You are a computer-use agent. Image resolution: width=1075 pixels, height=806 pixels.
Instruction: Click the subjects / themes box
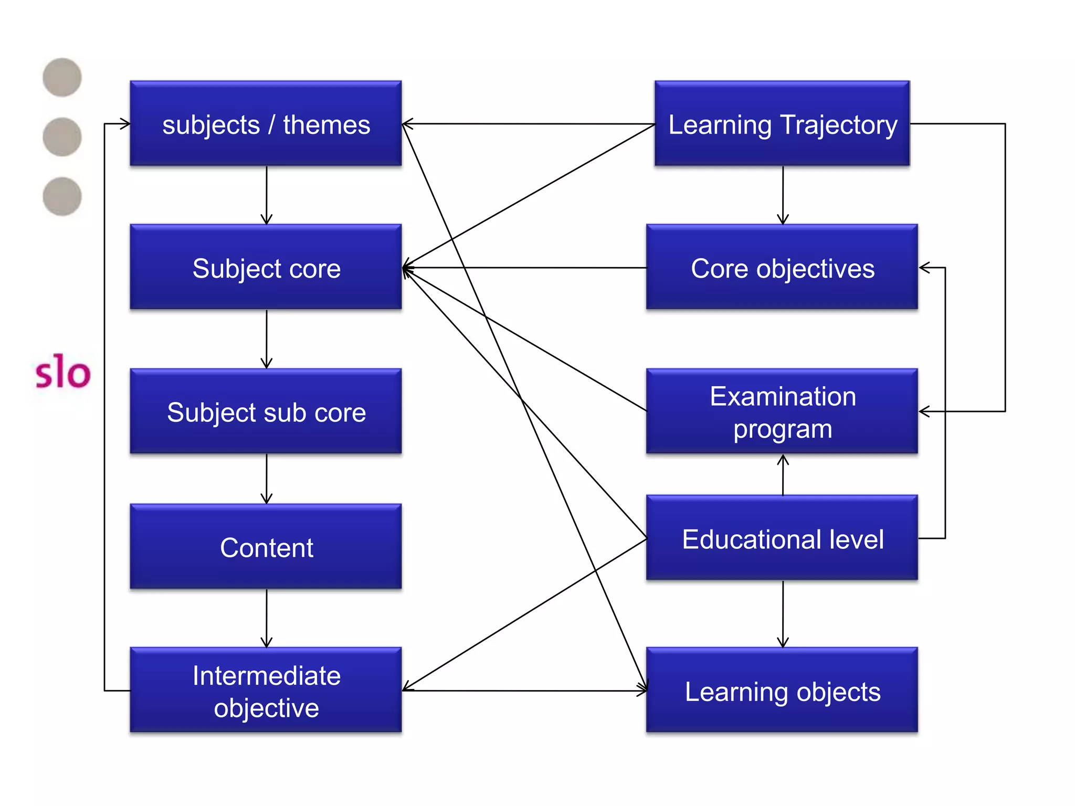[x=266, y=124]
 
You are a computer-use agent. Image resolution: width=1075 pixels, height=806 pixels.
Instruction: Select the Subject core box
[x=266, y=268]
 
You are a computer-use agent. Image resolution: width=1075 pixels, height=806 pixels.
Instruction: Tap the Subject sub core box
[x=266, y=411]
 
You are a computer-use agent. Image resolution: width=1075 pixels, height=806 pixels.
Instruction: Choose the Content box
[x=266, y=547]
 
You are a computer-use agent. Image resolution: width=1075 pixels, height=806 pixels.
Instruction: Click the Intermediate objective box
[x=266, y=691]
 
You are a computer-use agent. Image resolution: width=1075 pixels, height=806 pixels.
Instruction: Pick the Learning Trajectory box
[x=782, y=124]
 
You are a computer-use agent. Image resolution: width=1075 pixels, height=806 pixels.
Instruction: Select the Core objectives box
[x=782, y=268]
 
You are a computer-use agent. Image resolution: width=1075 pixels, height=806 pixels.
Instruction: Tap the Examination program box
[x=782, y=411]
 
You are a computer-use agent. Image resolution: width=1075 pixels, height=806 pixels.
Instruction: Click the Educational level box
[x=782, y=538]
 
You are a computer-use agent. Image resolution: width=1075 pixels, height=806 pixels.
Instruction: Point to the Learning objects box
[x=782, y=691]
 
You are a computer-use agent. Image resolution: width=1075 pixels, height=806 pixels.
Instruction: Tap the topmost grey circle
[x=62, y=78]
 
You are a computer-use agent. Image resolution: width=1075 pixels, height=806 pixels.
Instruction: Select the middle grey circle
[x=62, y=137]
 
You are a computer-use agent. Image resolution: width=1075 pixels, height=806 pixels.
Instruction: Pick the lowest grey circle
[x=62, y=196]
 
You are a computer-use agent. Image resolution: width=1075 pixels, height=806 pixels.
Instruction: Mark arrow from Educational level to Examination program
[x=783, y=475]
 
